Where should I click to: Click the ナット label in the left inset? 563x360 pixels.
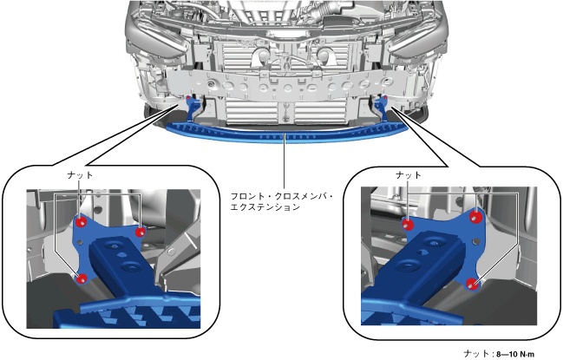[80, 175]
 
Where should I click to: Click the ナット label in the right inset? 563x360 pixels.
[409, 175]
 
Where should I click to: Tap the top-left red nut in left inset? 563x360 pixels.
[81, 222]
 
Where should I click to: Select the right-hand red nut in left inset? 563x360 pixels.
[140, 232]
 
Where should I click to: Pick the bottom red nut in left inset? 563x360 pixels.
[82, 278]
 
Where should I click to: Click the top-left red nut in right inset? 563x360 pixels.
[408, 225]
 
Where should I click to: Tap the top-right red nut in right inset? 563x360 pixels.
[475, 217]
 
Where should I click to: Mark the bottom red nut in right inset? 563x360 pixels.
[473, 284]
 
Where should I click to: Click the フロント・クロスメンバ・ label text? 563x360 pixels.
[281, 197]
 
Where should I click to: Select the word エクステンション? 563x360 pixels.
[265, 207]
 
